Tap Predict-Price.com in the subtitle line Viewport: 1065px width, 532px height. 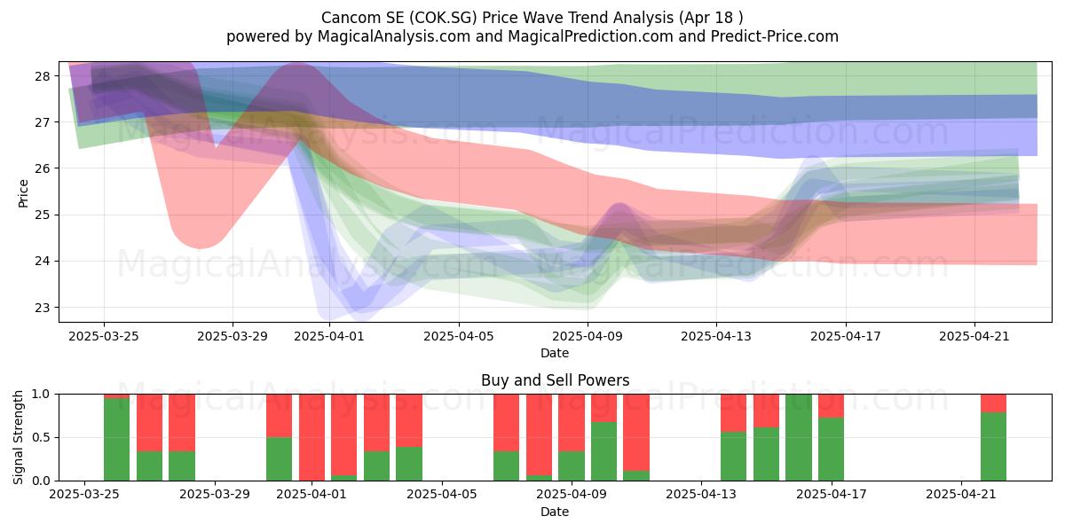tap(775, 36)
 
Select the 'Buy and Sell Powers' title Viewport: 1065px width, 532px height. tap(555, 380)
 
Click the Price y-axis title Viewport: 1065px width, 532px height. tap(23, 193)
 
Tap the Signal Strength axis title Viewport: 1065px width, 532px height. tap(18, 437)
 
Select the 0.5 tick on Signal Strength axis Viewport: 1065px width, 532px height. tap(41, 437)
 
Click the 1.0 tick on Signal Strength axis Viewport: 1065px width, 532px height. tap(41, 394)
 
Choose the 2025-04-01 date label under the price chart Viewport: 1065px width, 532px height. tap(329, 336)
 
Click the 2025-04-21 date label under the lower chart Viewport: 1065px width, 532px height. tap(961, 494)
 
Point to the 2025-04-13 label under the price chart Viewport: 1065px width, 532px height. tap(716, 336)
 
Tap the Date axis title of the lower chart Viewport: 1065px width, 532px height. tap(555, 512)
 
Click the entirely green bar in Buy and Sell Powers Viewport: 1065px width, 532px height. tap(799, 437)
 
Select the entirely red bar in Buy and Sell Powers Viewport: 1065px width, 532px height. tap(312, 437)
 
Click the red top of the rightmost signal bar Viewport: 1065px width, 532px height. tap(994, 403)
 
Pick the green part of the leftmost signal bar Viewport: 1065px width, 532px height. tap(116, 440)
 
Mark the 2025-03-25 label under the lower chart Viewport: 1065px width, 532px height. tap(84, 494)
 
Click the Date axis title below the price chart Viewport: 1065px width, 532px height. tap(555, 353)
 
